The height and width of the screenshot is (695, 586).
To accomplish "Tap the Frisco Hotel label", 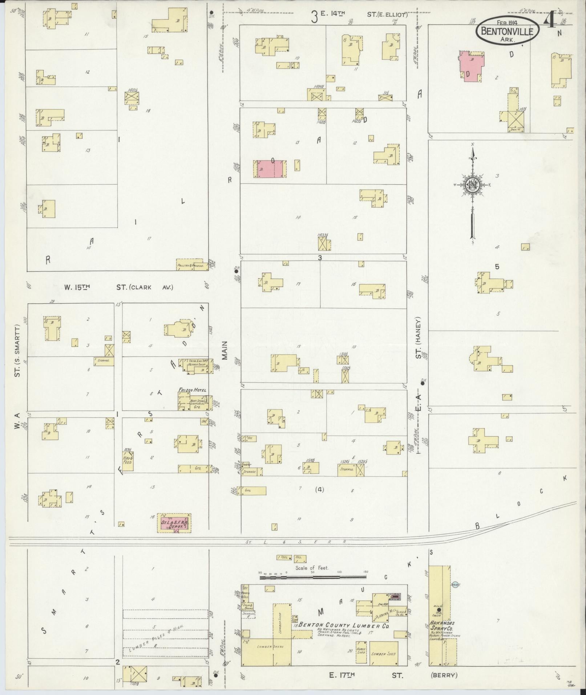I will [x=192, y=390].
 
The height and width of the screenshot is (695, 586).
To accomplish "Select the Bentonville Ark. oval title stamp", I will [x=507, y=31].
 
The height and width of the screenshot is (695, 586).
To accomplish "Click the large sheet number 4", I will [x=549, y=23].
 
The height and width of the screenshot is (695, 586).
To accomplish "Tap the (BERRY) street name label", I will [x=444, y=675].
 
